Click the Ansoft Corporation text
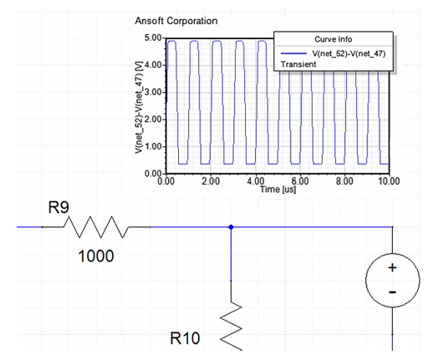tap(176, 21)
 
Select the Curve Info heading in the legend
tap(334, 39)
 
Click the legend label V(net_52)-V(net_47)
tap(349, 53)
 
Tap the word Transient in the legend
tap(298, 64)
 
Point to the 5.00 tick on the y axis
tap(153, 38)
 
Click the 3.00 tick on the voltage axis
tap(153, 92)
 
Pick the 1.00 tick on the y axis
tap(153, 146)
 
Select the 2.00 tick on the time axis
tap(211, 181)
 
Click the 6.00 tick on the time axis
tap(300, 181)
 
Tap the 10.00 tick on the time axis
tap(389, 181)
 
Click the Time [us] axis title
tap(278, 190)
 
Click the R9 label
tap(59, 207)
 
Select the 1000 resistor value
tap(96, 256)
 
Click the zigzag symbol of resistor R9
tap(96, 227)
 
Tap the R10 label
tap(185, 338)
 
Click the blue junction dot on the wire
tap(231, 227)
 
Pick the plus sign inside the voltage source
tap(392, 268)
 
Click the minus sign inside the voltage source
tap(392, 292)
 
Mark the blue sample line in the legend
tap(294, 53)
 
